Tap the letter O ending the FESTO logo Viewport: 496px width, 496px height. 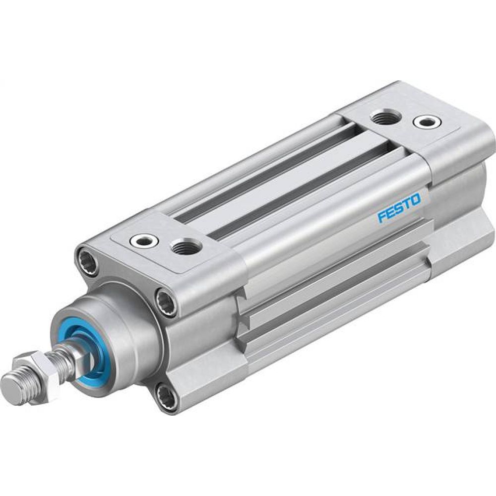pos(415,200)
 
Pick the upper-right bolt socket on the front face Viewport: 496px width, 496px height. pos(166,301)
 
